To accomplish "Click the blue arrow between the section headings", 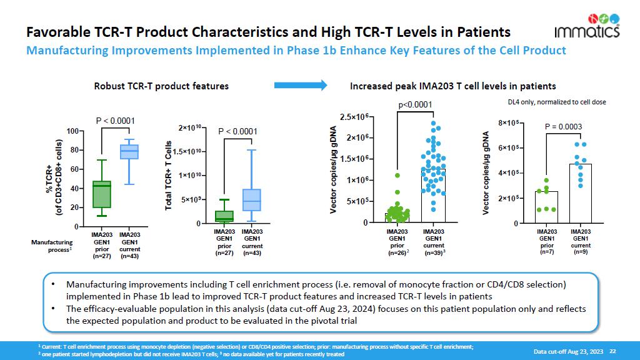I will pos(301,85).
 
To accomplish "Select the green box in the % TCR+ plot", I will pos(101,194).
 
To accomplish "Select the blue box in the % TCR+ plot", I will pos(129,152).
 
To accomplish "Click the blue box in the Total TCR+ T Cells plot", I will pos(251,200).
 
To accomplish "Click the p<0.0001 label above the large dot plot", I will pos(416,104).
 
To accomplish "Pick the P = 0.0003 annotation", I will pos(563,127).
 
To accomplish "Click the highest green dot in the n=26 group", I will pos(397,176).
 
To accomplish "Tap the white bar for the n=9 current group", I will pos(581,193).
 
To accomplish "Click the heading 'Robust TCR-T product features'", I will pos(161,86).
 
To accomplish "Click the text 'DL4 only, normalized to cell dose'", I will pos(556,102).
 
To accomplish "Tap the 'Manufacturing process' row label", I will pos(53,246).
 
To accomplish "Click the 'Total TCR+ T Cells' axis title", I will pos(168,176).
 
